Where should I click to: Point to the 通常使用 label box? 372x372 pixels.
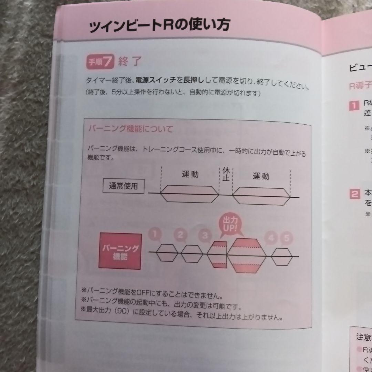(123, 187)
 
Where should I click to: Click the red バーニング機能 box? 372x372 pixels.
(121, 251)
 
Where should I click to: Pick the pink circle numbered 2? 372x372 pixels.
(180, 236)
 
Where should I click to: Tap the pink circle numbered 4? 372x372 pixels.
(271, 237)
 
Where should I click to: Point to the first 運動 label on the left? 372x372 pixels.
(190, 174)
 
